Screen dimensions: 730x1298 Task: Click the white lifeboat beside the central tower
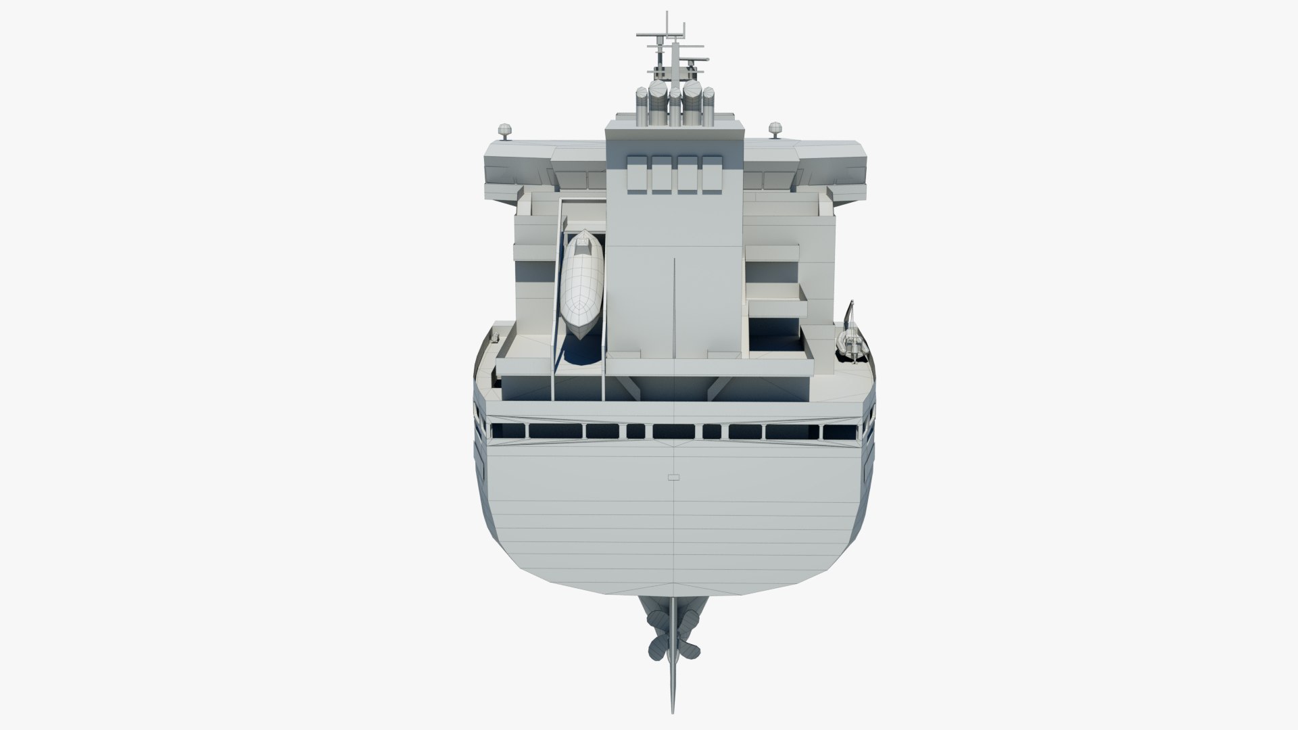coord(581,284)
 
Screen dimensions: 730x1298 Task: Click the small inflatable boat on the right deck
coord(851,347)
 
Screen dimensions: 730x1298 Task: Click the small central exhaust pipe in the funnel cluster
coord(675,101)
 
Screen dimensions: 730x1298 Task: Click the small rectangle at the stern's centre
coord(673,477)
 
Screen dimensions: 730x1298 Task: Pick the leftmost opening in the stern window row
coord(508,431)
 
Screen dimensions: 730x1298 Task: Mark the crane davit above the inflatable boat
coord(852,318)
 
